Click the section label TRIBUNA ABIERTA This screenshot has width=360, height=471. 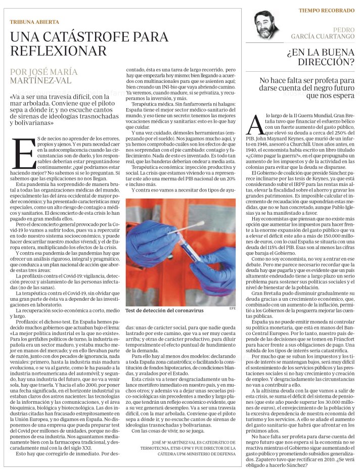(31, 22)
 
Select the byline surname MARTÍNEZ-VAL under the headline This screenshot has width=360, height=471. (43, 81)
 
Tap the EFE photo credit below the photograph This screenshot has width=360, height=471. (233, 308)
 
